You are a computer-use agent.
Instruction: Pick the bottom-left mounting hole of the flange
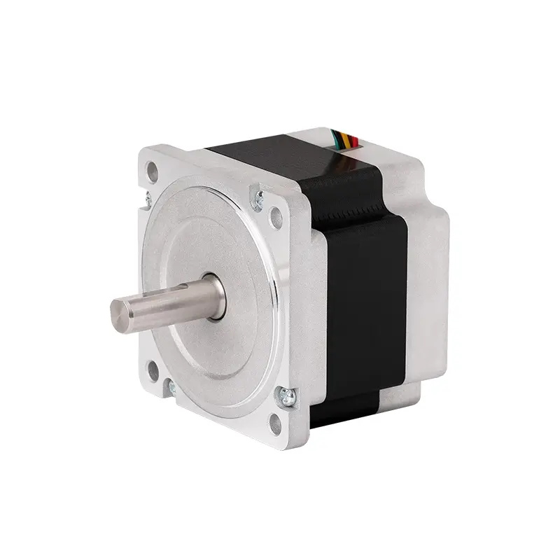(x=153, y=370)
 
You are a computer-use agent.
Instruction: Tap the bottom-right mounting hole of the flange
(x=275, y=422)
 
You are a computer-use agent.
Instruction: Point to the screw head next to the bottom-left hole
(x=170, y=385)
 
